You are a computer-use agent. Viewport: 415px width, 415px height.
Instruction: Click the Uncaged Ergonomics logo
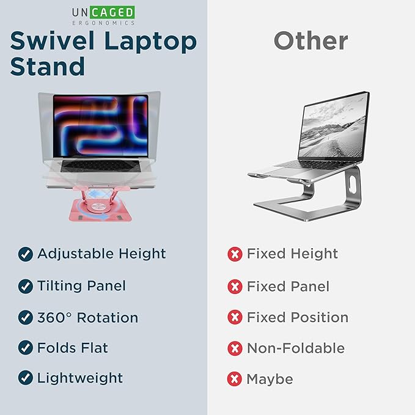click(x=102, y=15)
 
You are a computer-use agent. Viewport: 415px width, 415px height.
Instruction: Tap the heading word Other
click(x=310, y=40)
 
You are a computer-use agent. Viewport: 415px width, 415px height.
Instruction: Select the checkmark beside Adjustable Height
click(x=25, y=254)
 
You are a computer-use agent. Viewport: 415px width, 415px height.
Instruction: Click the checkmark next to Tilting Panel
click(x=25, y=286)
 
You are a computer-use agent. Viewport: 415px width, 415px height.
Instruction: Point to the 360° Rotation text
click(x=87, y=318)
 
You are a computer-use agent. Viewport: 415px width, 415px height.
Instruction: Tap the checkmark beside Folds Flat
click(x=25, y=348)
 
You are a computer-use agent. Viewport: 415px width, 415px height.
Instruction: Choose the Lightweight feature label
click(x=80, y=378)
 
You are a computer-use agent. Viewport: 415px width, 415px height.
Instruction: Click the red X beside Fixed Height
click(x=235, y=254)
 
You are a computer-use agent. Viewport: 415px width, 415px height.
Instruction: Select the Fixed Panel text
click(x=288, y=286)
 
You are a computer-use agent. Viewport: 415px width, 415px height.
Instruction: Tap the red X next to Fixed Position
click(x=235, y=318)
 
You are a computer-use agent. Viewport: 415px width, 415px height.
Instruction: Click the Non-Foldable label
click(x=296, y=348)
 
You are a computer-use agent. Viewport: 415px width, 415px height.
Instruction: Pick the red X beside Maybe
click(x=235, y=379)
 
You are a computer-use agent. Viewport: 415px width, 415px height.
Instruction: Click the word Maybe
click(x=270, y=379)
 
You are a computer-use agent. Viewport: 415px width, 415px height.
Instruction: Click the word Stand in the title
click(x=47, y=65)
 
